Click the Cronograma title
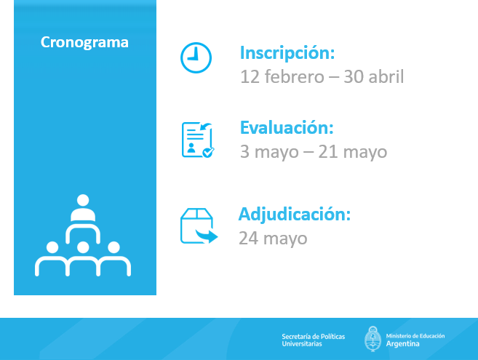click(84, 42)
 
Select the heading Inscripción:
click(287, 53)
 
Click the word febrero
click(294, 76)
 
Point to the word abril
click(386, 76)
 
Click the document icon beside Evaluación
click(198, 140)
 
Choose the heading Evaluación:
click(287, 128)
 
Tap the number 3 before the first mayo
click(244, 152)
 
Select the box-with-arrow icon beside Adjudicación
click(199, 226)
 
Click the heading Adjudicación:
click(295, 215)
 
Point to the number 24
click(248, 239)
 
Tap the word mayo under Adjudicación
click(285, 239)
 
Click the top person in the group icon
click(83, 208)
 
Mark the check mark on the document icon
click(209, 152)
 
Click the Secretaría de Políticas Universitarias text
click(313, 340)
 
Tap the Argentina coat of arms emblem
click(373, 339)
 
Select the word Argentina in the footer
click(402, 344)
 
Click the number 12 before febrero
click(250, 76)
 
